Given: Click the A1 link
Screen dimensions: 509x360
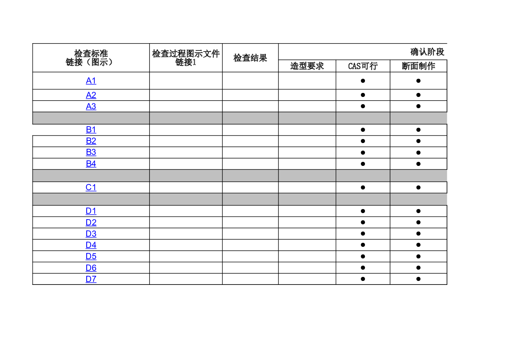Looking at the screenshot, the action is coord(91,81).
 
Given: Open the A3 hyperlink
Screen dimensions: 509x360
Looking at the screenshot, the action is coord(91,106).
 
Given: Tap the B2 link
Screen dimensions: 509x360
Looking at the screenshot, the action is coord(91,141).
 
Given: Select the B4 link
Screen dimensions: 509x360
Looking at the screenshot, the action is coord(91,164).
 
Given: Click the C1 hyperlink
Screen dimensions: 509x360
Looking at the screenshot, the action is coord(91,188).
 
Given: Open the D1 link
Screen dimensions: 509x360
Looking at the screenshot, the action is coord(91,211).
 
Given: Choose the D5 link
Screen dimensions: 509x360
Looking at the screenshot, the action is coord(91,256).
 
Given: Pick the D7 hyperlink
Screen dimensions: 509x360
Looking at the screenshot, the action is coord(91,279).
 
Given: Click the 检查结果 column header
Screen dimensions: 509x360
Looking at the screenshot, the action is coord(250,58).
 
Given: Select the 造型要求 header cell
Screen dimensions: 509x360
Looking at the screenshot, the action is coord(307,66).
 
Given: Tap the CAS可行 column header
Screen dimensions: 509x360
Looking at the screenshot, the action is coord(363,66).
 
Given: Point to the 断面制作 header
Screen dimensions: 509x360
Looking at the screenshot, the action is coord(419,66).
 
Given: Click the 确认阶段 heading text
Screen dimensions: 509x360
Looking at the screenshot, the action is coord(427,52).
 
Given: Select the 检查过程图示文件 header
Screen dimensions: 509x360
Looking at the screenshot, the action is coord(186,54).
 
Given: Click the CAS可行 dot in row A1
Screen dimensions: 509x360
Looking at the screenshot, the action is coord(363,81).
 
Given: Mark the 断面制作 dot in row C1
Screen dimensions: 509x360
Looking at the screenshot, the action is coord(418,188).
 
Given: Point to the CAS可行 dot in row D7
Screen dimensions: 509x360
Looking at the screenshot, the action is coord(363,279).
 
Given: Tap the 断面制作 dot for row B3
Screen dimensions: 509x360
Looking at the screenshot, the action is coord(418,153).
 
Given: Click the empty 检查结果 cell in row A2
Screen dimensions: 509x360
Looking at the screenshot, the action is coord(250,95).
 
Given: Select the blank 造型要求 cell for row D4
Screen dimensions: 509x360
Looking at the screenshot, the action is coord(307,245).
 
